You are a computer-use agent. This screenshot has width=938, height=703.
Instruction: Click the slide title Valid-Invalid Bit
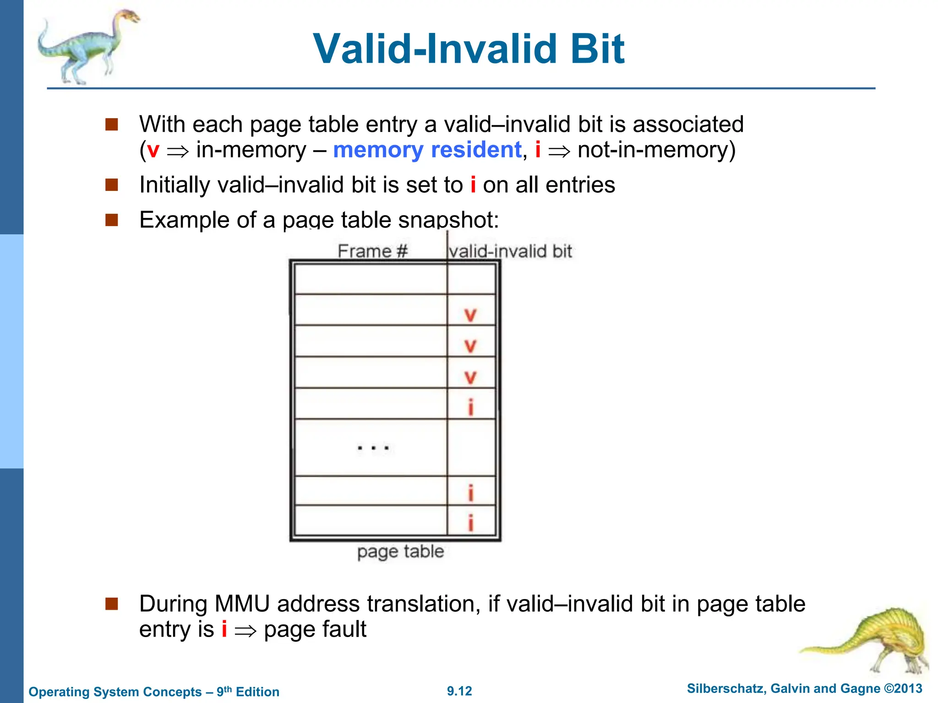469,49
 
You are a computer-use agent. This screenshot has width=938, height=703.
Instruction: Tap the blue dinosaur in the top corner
87,46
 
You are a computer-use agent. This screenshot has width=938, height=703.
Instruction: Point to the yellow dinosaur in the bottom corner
870,641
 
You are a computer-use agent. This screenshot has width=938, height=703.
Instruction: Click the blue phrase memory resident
427,150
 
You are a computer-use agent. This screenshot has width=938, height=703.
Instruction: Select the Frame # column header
372,251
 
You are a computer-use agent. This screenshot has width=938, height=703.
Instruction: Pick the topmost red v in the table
470,315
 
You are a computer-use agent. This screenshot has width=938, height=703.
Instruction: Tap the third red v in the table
470,377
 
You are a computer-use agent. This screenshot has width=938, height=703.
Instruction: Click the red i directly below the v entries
470,407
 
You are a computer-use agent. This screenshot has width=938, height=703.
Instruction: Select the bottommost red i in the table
470,523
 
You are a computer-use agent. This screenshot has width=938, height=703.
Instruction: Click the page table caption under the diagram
400,552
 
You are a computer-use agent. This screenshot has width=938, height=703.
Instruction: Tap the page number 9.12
459,691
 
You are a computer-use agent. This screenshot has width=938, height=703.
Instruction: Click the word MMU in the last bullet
242,604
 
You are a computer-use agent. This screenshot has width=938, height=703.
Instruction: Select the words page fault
315,629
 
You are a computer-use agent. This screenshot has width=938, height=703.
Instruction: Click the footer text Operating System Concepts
115,692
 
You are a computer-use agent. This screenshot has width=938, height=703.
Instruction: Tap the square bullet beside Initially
112,185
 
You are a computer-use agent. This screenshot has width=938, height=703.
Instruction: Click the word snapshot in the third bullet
448,220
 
